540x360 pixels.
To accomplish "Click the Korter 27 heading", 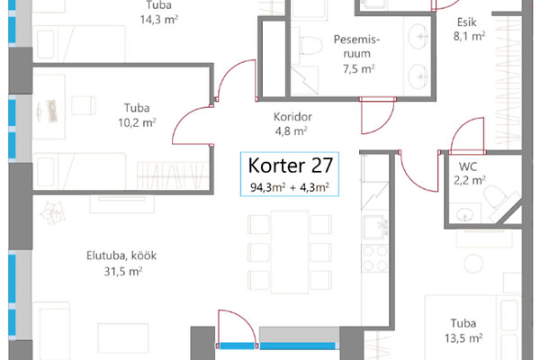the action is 291,166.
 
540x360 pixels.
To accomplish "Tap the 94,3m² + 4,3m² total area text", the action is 290,187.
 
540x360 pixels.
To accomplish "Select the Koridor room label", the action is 292,117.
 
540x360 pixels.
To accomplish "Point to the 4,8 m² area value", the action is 291,131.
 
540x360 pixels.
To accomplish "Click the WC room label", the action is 468,166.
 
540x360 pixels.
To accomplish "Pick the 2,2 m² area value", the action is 470,180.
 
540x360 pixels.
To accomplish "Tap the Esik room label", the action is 466,22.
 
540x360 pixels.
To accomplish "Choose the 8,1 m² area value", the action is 469,36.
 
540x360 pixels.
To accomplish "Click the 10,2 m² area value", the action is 137,122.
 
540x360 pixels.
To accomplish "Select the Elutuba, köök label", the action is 121,256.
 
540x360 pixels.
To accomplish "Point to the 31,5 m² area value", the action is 123,272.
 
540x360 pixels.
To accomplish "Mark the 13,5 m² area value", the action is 463,338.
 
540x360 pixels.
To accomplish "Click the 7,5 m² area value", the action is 358,69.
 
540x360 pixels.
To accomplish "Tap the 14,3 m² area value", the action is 158,19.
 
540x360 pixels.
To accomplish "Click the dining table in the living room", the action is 290,252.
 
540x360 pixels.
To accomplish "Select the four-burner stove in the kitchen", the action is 375,258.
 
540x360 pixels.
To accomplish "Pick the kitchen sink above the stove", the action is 375,228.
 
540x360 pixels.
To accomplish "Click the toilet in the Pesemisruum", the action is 310,45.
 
